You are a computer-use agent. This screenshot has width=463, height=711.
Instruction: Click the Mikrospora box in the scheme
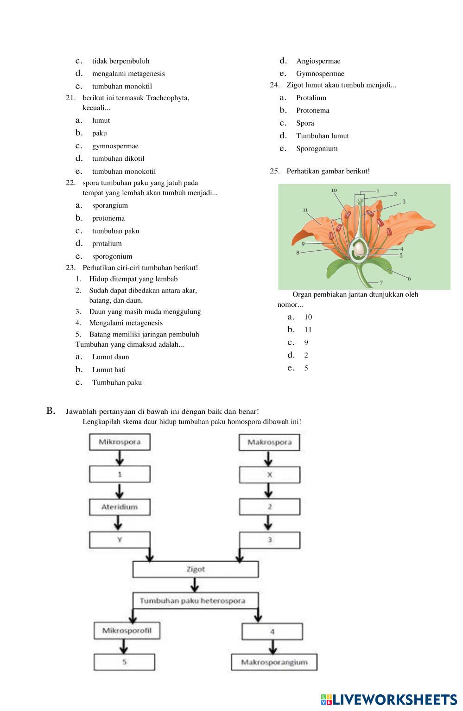(120, 442)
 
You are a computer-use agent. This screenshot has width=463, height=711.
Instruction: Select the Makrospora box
(269, 442)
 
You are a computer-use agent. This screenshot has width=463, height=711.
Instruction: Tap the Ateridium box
(120, 507)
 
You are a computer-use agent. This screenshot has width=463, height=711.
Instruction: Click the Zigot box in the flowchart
(196, 569)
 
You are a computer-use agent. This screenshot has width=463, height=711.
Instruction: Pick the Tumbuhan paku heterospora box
(192, 601)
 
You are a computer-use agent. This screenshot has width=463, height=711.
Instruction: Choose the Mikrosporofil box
(124, 630)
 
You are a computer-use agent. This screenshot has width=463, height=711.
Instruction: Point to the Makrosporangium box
(274, 662)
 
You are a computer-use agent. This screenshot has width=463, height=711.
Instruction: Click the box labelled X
(269, 475)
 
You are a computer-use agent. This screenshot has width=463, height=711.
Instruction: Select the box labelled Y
(120, 540)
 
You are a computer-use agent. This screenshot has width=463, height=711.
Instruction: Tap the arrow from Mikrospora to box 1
(120, 458)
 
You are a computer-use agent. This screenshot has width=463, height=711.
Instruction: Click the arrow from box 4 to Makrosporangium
(273, 647)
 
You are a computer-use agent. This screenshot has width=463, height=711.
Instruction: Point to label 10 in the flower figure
(334, 190)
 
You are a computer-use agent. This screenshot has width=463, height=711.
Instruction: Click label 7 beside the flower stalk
(381, 282)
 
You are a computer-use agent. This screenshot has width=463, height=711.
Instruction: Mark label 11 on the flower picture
(305, 210)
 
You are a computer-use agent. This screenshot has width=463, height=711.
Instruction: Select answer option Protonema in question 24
(313, 110)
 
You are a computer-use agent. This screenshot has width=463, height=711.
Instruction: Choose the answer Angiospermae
(318, 61)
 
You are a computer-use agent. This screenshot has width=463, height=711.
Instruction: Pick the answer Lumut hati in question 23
(109, 370)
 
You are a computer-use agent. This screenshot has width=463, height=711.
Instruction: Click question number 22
(70, 183)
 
